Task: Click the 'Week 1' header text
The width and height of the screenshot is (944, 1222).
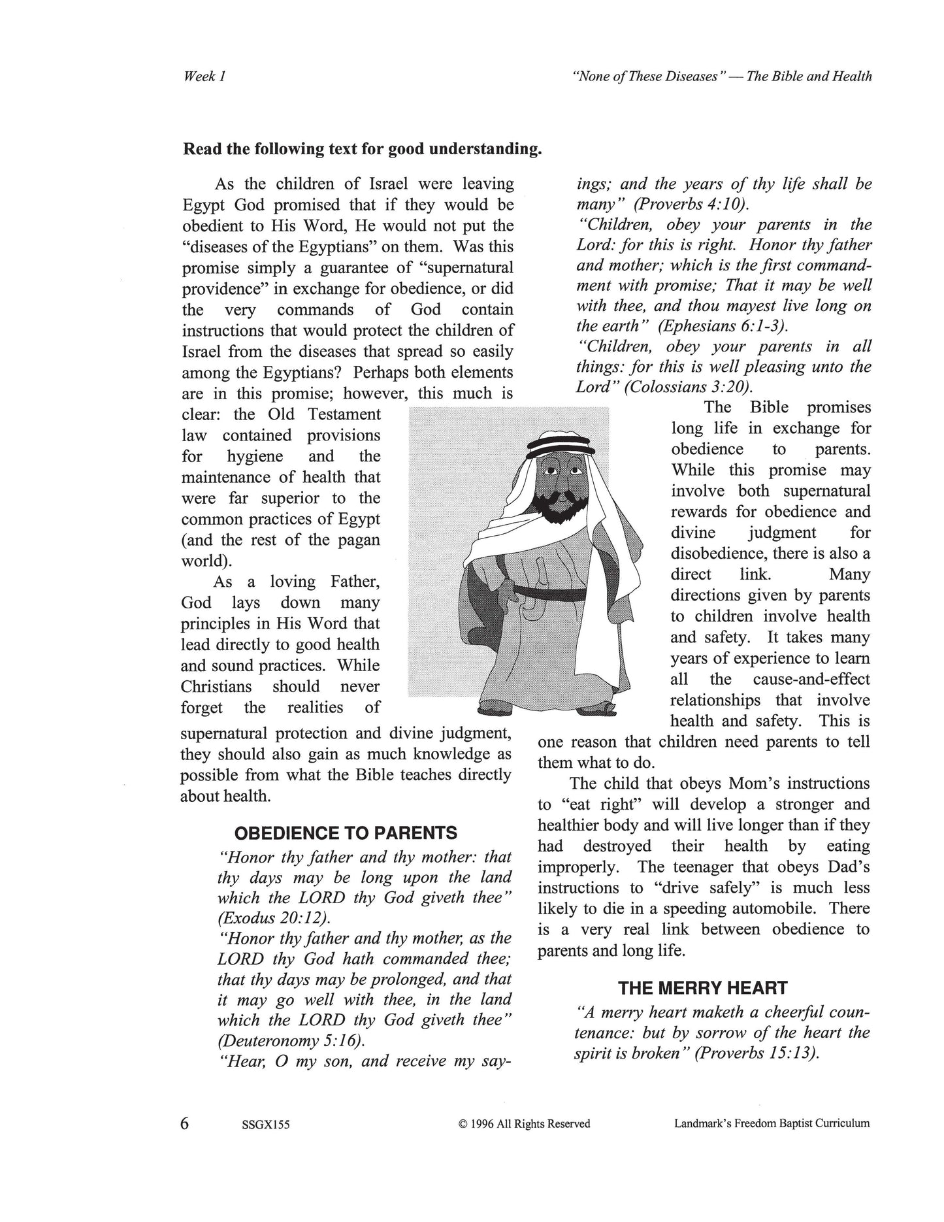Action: point(204,76)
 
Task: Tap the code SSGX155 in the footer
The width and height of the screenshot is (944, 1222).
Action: point(265,1124)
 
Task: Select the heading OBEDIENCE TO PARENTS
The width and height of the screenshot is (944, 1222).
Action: point(346,833)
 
